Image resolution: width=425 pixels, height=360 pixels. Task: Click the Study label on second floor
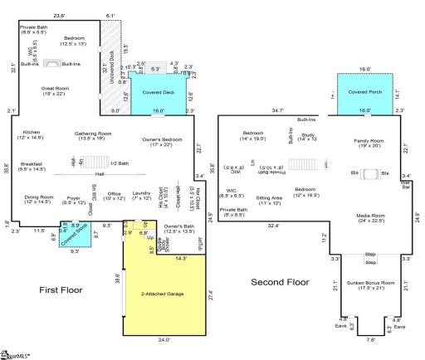309,136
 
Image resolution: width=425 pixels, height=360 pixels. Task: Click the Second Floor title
281,283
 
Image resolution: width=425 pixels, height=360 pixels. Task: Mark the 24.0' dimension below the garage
164,339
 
